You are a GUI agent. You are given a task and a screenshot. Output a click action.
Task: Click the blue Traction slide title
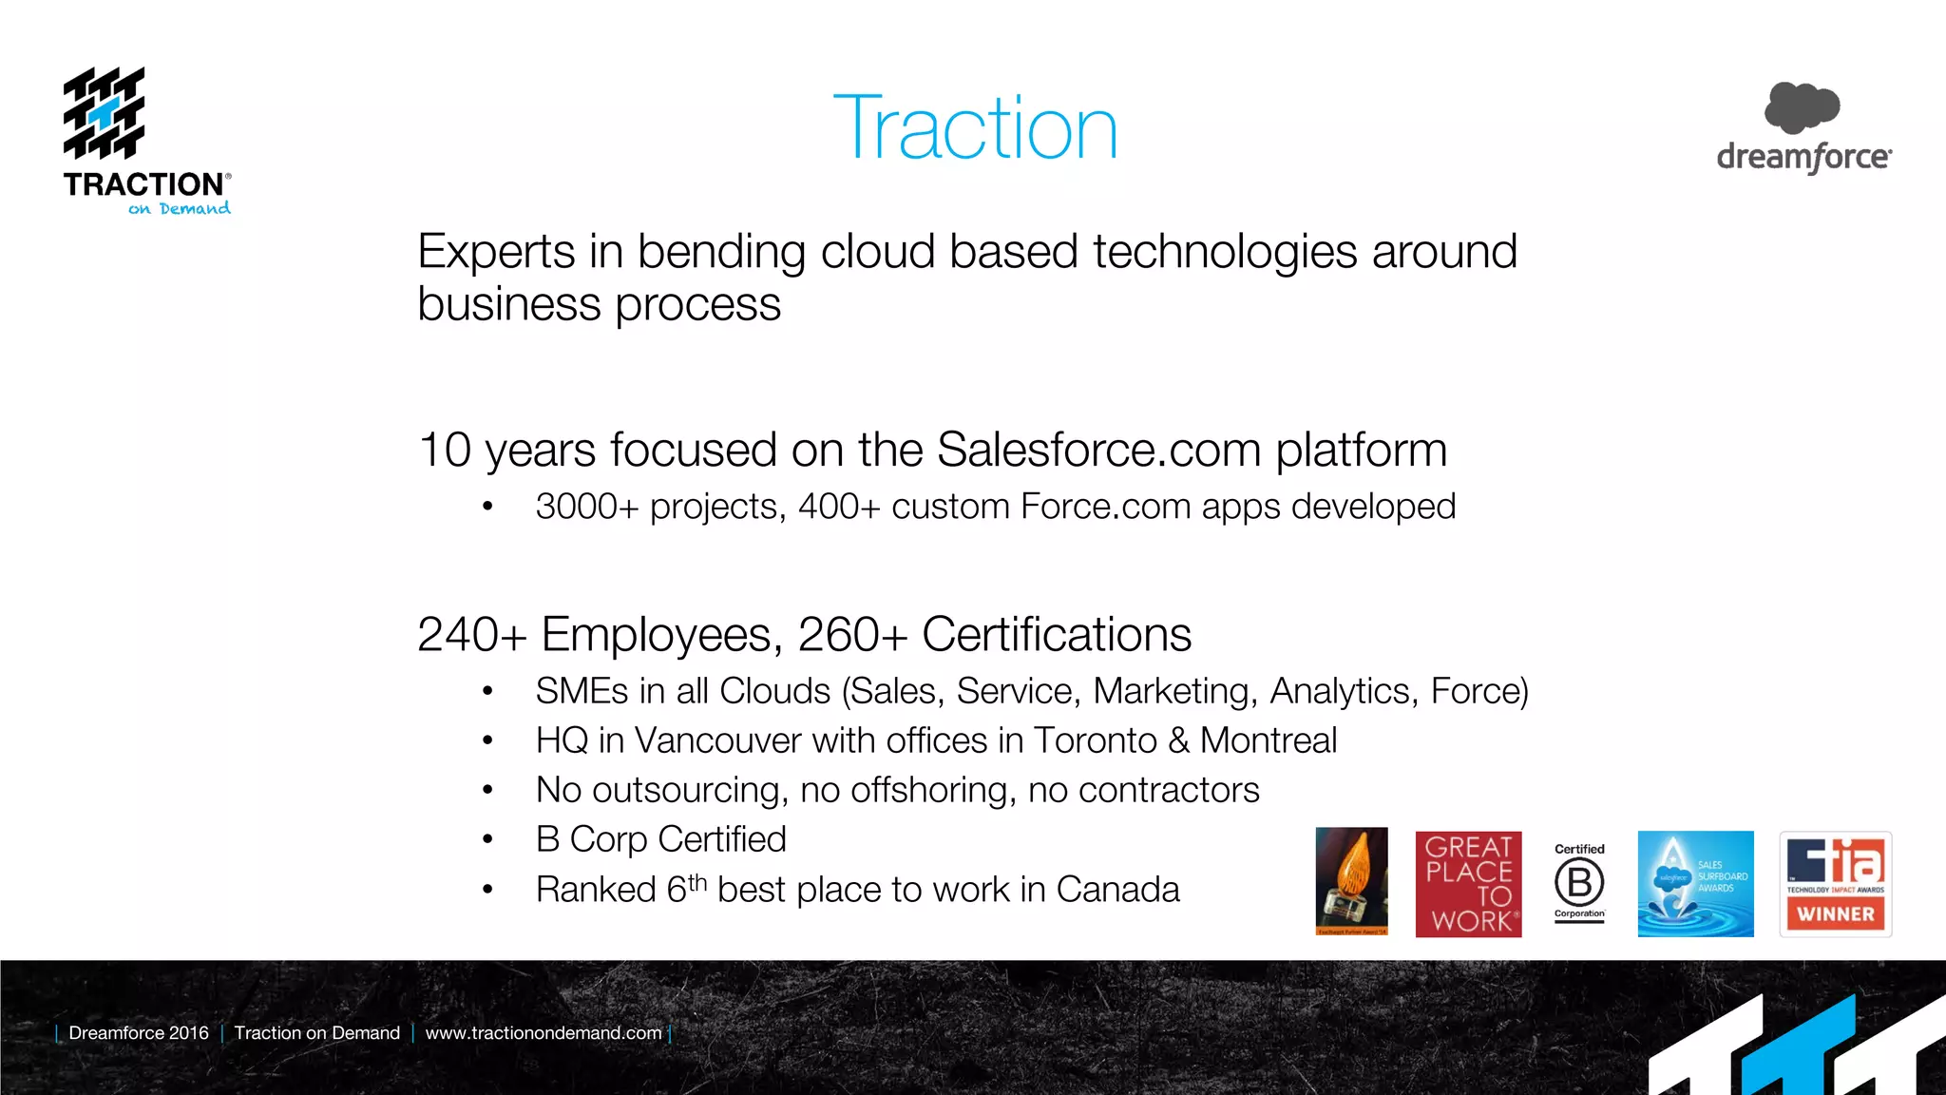click(x=975, y=128)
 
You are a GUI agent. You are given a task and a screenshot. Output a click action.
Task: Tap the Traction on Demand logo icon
click(x=105, y=113)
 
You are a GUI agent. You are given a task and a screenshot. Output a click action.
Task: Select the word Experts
click(x=496, y=252)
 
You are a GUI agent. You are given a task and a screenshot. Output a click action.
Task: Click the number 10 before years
click(x=445, y=450)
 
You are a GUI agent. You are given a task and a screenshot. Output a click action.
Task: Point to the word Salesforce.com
click(x=1098, y=450)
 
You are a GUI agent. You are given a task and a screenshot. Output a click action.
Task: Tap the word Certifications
click(x=1056, y=634)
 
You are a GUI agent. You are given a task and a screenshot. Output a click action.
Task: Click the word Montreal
click(x=1268, y=740)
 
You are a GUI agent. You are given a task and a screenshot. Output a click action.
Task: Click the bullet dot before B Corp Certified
click(x=487, y=839)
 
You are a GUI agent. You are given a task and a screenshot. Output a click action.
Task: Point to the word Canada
click(x=1117, y=890)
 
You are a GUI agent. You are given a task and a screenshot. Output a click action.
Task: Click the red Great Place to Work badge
click(x=1468, y=884)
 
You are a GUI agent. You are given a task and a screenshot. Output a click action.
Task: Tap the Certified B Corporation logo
click(x=1579, y=883)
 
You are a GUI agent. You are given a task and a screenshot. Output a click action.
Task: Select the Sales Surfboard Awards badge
click(x=1695, y=884)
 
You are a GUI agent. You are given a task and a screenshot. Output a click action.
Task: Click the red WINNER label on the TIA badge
click(x=1836, y=914)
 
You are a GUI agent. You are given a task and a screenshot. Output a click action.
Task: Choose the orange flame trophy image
click(x=1351, y=881)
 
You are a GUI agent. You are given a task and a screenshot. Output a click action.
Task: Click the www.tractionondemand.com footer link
click(x=544, y=1033)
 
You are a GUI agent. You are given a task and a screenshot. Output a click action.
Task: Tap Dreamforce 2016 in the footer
click(x=139, y=1033)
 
